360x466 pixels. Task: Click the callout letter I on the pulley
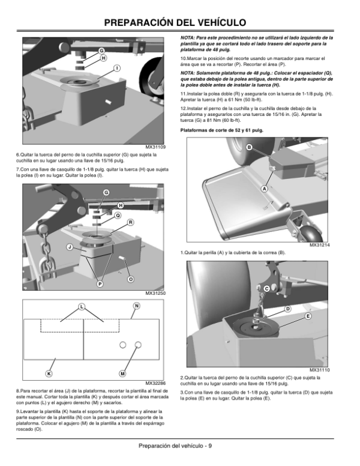coord(117,68)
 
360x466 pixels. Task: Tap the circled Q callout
coord(118,215)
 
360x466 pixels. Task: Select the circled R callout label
coord(130,222)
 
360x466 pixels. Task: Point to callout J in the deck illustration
coord(70,247)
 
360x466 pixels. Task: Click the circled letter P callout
coord(100,284)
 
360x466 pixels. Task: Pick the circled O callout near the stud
coord(130,279)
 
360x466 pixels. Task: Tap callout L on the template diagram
coord(82,307)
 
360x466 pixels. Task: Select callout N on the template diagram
coord(136,306)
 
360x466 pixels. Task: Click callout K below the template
coord(49,374)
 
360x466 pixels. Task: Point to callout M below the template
coord(122,374)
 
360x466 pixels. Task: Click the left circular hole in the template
coord(122,345)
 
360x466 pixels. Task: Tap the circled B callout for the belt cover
coord(249,147)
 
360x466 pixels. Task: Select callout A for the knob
coord(264,189)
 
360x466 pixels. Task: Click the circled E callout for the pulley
coord(308,316)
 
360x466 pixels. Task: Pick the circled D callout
coord(288,309)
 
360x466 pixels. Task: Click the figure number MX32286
coord(155,383)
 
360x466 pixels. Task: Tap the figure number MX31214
coord(320,245)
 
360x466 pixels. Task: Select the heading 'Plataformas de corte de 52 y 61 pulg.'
coord(222,130)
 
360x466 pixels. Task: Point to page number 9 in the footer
coord(210,446)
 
